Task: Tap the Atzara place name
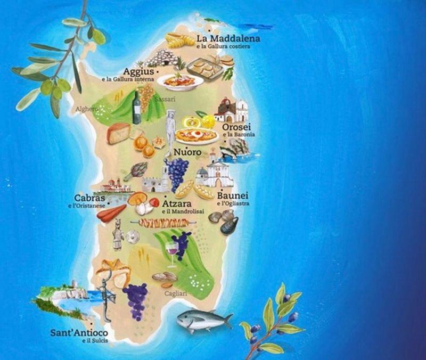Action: [x=177, y=203]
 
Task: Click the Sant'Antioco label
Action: [x=79, y=333]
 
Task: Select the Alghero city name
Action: [x=87, y=109]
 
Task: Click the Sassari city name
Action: [x=160, y=100]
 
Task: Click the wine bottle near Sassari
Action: [x=137, y=108]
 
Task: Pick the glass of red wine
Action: [x=172, y=252]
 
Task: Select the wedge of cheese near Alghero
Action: [x=118, y=133]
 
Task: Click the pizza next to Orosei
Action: [x=196, y=135]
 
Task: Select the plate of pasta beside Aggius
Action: [x=180, y=81]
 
